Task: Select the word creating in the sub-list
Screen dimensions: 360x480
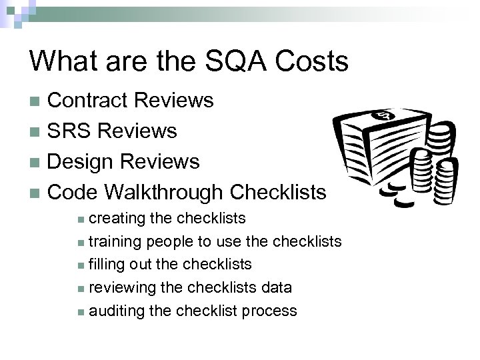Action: click(x=115, y=219)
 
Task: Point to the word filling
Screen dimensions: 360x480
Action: click(x=106, y=265)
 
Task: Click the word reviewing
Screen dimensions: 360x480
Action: click(x=122, y=288)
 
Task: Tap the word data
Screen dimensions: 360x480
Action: click(x=277, y=288)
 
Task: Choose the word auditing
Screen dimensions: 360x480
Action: click(x=116, y=311)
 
